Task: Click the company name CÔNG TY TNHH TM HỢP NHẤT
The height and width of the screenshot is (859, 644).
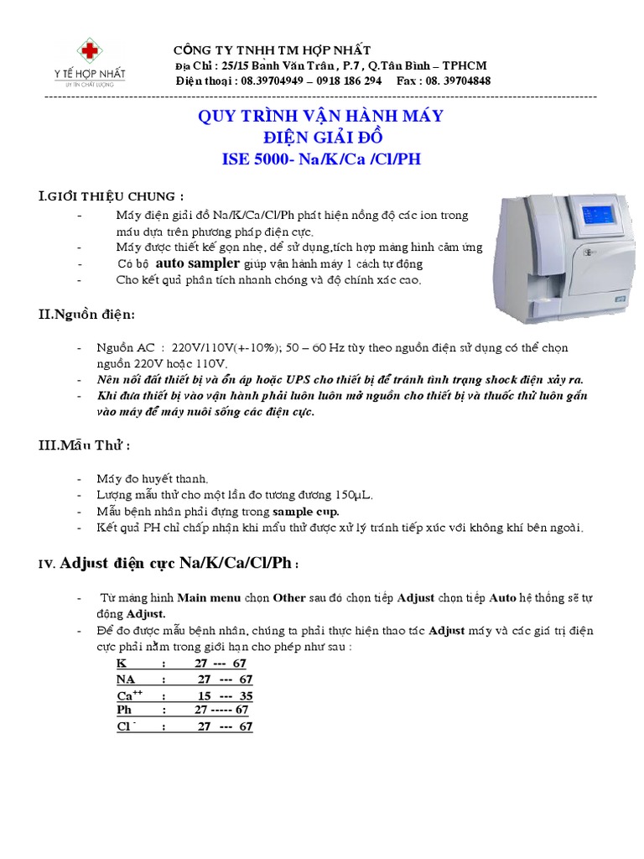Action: point(272,50)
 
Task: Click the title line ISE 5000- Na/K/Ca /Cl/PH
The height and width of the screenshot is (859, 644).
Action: point(321,159)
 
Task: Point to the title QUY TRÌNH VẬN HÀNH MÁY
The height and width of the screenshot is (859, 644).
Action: point(320,116)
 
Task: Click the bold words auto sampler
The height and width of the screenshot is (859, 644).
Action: point(201,263)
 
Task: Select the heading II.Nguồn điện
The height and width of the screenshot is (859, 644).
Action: point(86,315)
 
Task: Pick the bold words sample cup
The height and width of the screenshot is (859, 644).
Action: point(305,511)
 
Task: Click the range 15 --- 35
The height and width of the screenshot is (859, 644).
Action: point(224,695)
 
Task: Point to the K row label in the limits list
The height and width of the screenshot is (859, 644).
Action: point(122,663)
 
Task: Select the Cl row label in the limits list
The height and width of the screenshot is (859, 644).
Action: point(126,726)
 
